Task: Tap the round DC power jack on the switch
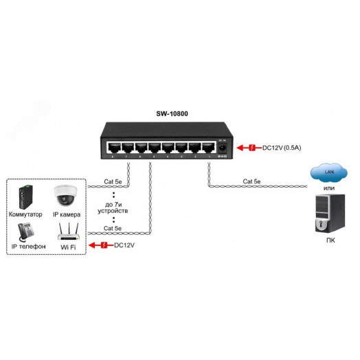pos(223,147)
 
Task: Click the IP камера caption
pos(67,214)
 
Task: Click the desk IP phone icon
pos(27,230)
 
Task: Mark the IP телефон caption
pos(28,246)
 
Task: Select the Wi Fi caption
pos(67,246)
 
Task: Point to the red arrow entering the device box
pos(100,245)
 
